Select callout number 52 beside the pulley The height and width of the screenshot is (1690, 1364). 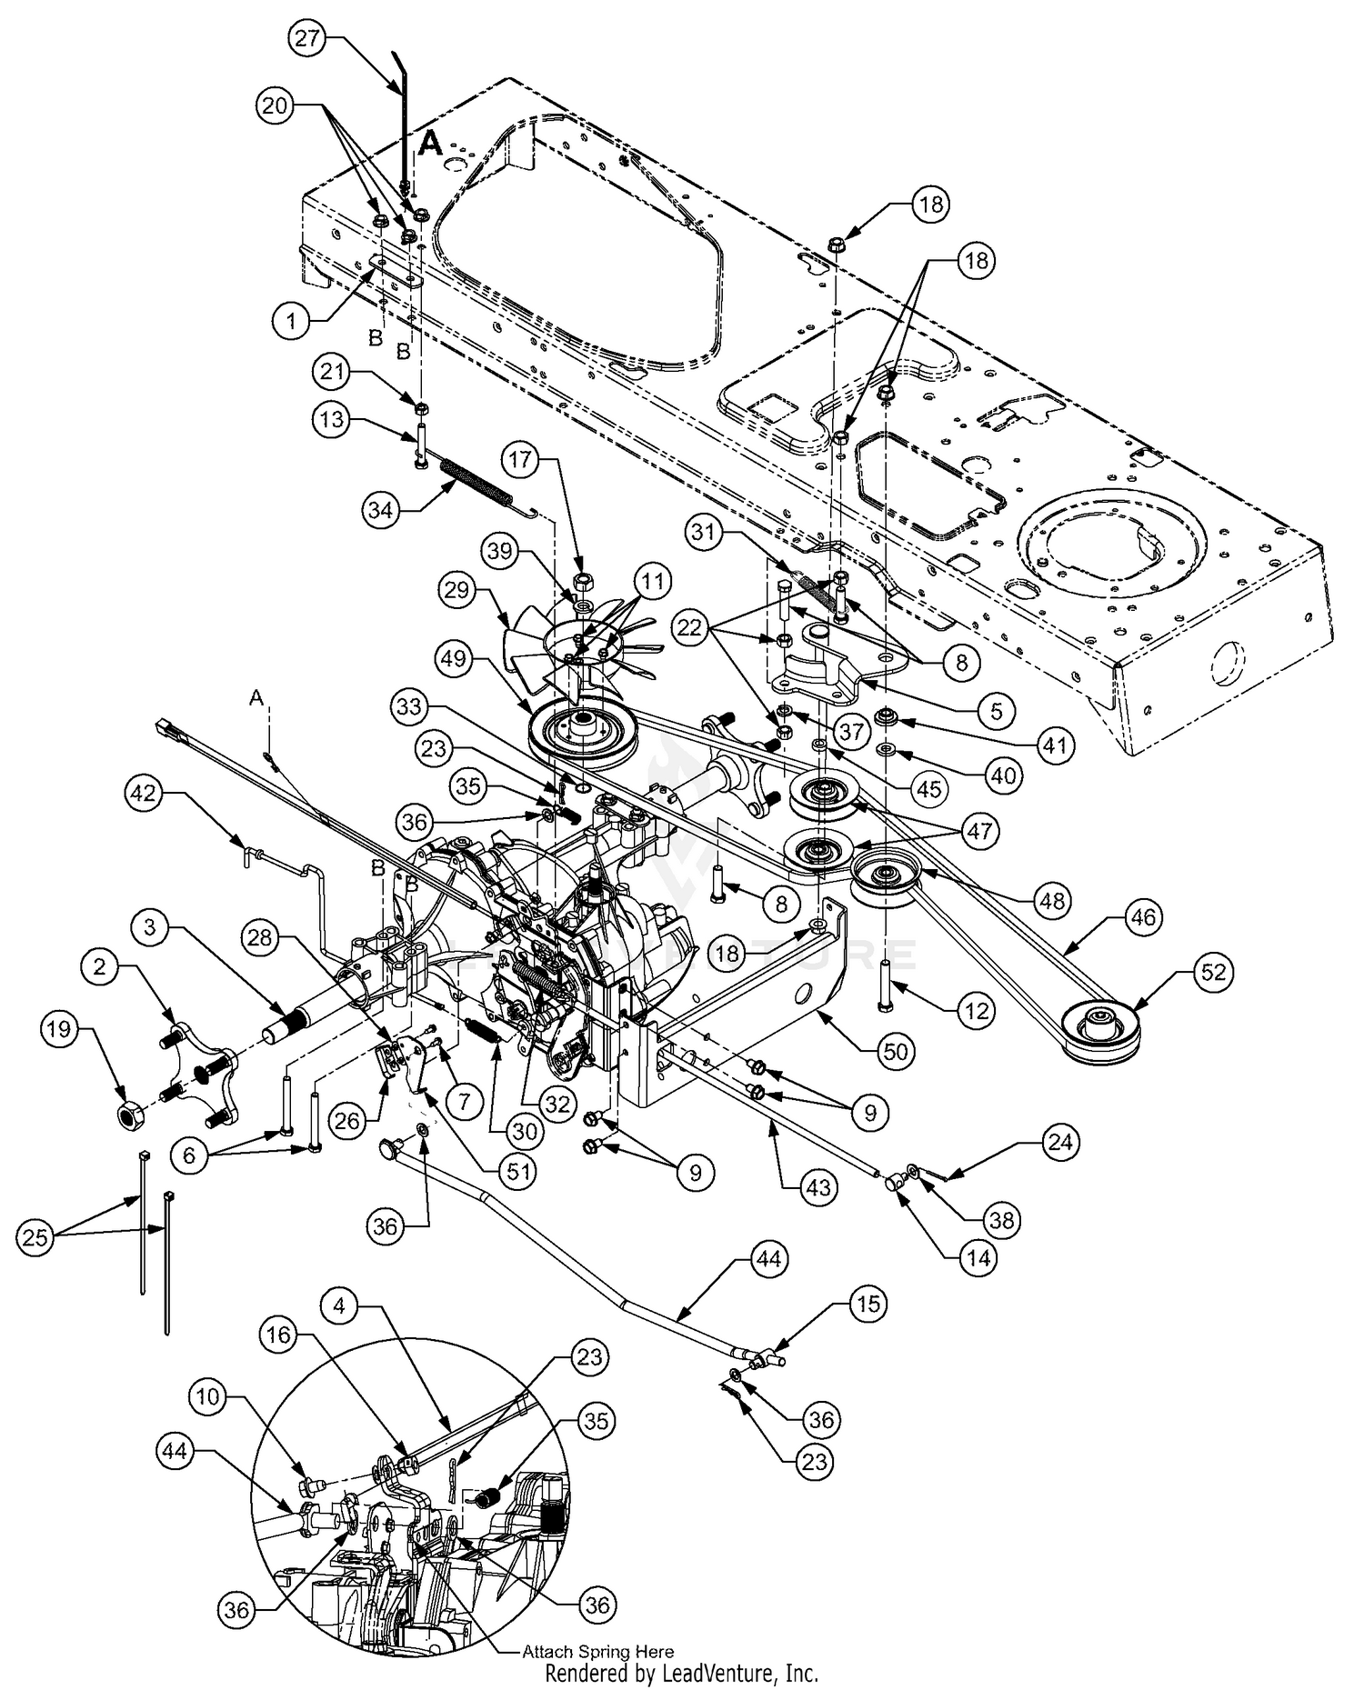[1213, 973]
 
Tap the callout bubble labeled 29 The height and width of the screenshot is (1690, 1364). [456, 591]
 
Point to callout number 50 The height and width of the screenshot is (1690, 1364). [896, 1052]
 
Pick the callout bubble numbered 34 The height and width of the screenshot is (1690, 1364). [381, 511]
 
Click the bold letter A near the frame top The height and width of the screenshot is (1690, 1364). [431, 143]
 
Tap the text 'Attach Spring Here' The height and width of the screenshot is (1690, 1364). [597, 1652]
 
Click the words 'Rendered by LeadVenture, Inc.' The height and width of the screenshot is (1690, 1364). [681, 1673]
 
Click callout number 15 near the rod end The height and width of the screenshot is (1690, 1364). [868, 1304]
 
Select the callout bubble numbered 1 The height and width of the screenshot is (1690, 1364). [291, 320]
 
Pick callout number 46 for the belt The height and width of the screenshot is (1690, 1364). [1142, 917]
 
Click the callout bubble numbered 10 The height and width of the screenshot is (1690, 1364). [209, 1395]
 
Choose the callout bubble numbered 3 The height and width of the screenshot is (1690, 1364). [150, 927]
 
